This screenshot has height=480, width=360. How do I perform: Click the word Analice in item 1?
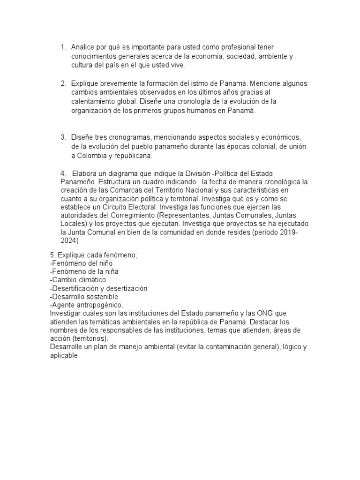(x=82, y=47)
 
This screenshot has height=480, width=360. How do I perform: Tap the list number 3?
(x=63, y=137)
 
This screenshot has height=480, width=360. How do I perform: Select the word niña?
(x=110, y=272)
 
